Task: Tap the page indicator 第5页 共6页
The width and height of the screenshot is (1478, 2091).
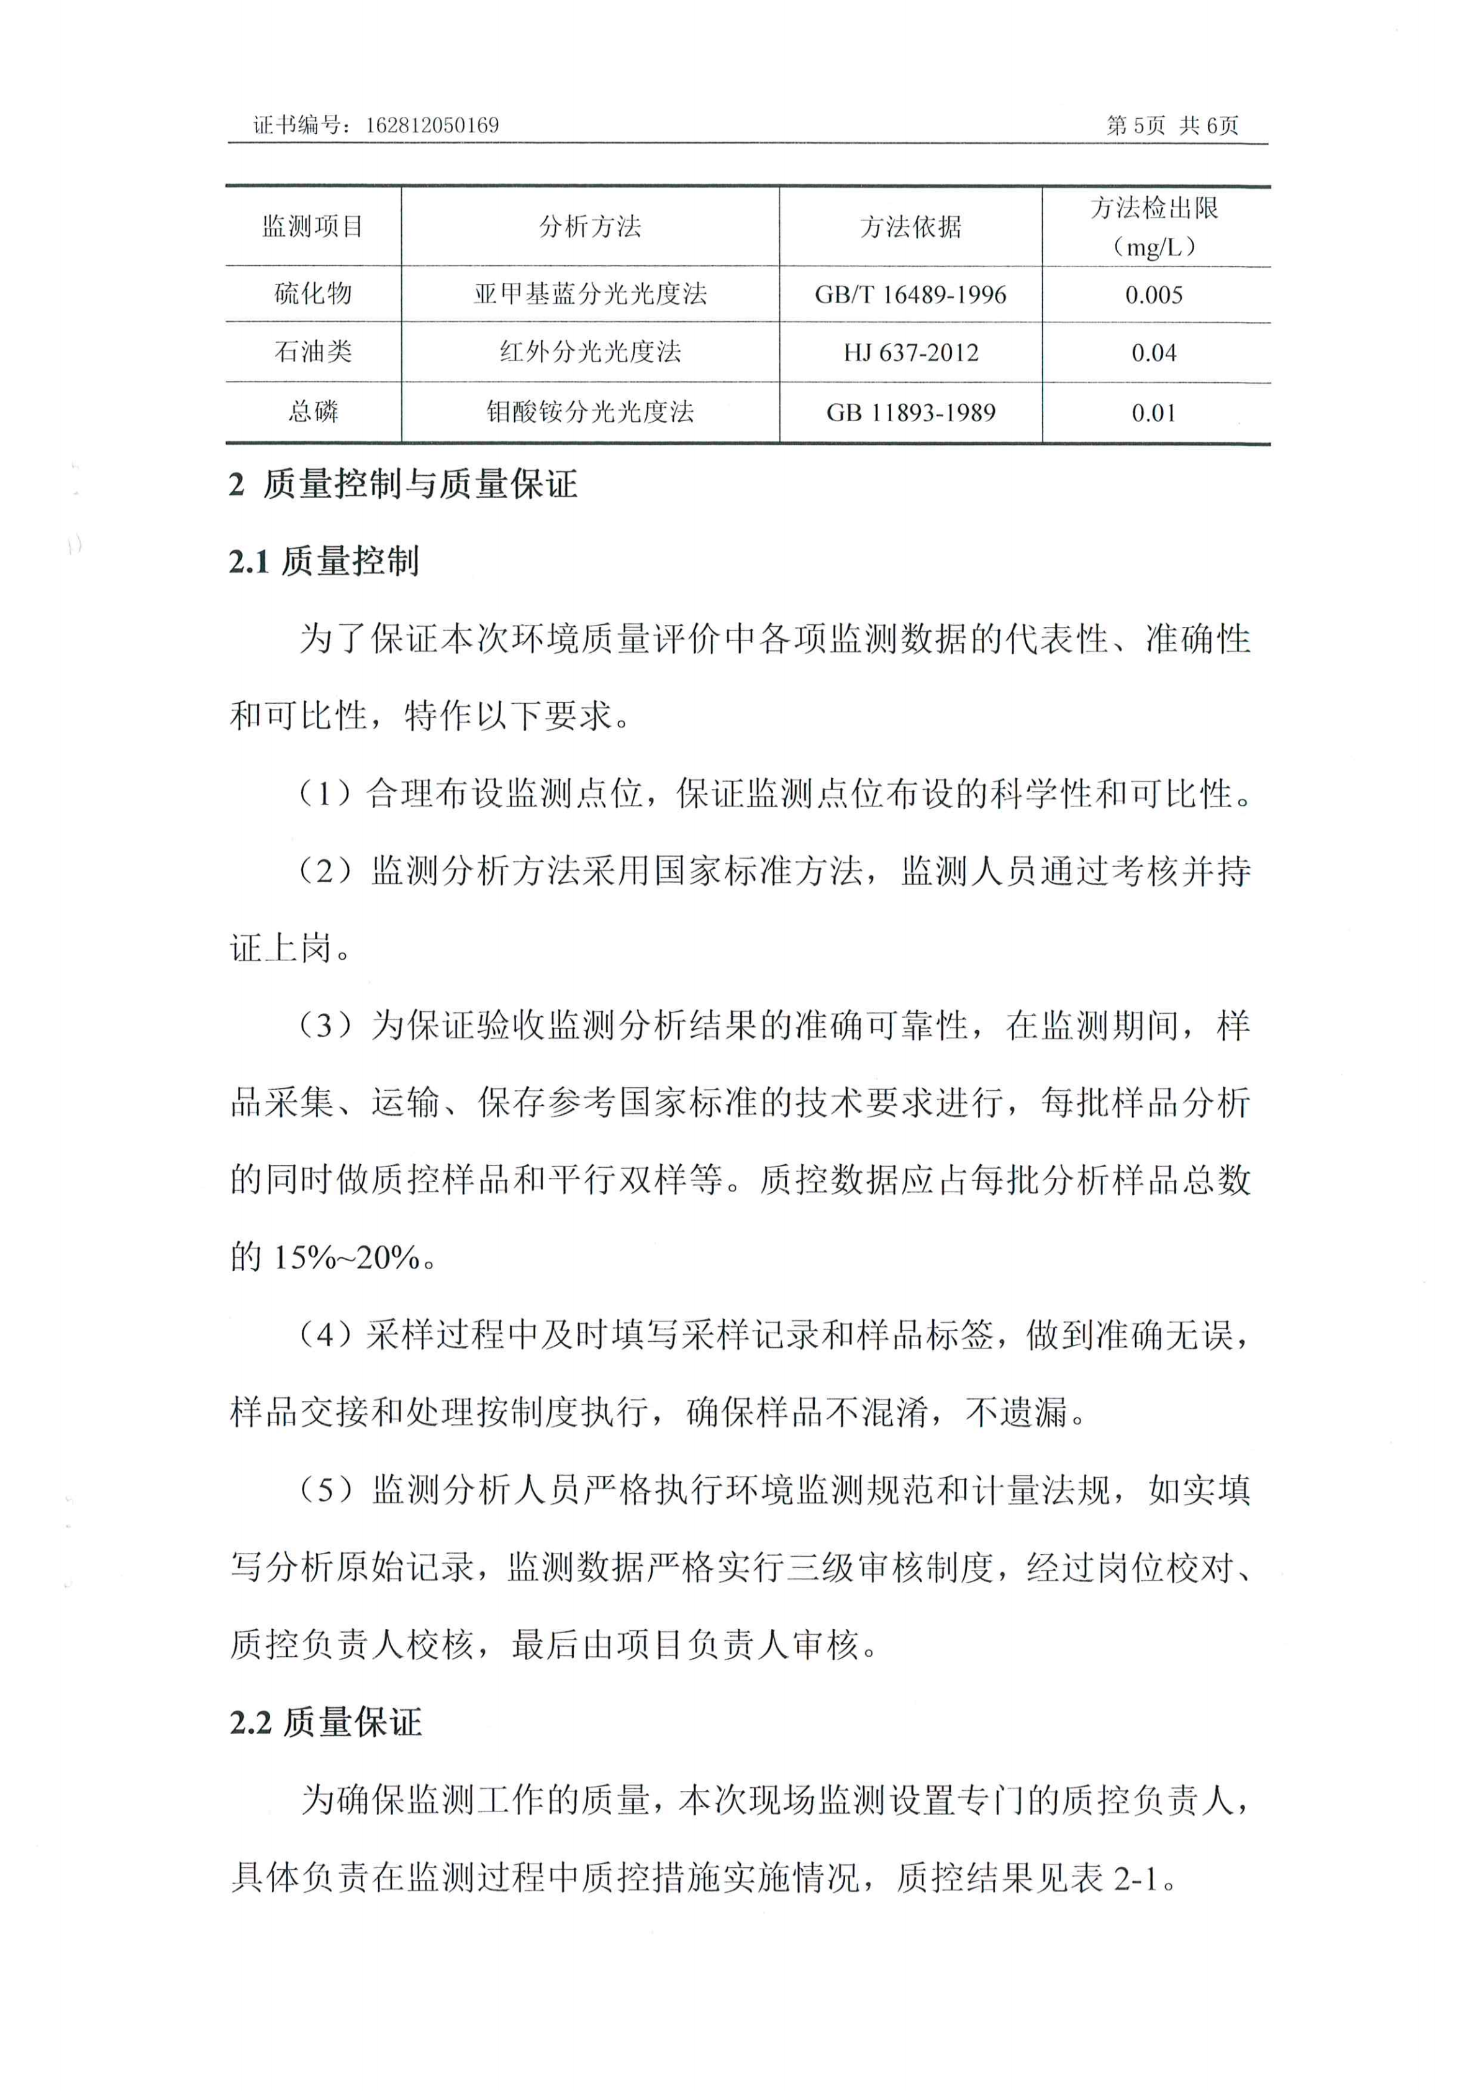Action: point(1172,125)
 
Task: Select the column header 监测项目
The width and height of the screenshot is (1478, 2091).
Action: point(312,227)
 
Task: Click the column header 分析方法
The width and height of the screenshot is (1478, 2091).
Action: point(590,227)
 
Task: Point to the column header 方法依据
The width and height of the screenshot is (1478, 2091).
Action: point(910,227)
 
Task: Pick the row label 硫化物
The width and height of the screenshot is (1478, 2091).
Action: point(312,294)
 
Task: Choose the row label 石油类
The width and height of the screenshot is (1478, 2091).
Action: point(312,352)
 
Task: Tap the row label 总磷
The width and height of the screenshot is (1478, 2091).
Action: point(312,412)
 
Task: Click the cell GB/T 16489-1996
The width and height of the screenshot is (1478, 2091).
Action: point(910,295)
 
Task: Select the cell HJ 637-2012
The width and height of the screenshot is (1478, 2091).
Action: point(910,353)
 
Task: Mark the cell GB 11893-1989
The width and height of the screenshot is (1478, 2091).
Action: point(910,414)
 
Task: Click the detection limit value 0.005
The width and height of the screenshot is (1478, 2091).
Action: point(1154,295)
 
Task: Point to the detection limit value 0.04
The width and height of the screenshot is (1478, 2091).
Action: point(1154,353)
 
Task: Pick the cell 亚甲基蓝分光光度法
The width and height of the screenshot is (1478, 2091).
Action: point(590,294)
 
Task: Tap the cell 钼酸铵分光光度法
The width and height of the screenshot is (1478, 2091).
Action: point(590,412)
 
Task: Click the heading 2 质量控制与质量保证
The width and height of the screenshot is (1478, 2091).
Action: point(402,485)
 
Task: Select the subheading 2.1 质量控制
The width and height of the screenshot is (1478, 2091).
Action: point(324,562)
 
